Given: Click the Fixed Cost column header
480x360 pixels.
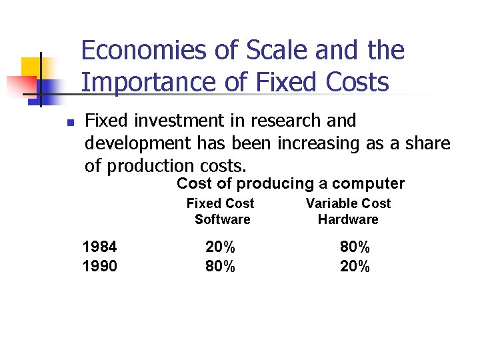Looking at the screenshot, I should pyautogui.click(x=220, y=203).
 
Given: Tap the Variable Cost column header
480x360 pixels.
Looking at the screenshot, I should pyautogui.click(x=348, y=203).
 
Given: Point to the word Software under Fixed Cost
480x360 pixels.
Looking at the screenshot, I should pyautogui.click(x=222, y=219).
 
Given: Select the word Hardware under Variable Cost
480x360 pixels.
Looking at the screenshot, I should pyautogui.click(x=348, y=219).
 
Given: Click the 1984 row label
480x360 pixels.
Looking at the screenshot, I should pyautogui.click(x=99, y=248).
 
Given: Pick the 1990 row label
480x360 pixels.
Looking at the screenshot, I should pyautogui.click(x=99, y=267).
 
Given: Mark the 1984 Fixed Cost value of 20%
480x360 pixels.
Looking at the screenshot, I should pyautogui.click(x=220, y=248).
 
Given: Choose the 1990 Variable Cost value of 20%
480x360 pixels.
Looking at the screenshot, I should pyautogui.click(x=355, y=267).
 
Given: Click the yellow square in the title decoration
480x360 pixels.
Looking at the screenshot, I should pyautogui.click(x=31, y=67).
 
